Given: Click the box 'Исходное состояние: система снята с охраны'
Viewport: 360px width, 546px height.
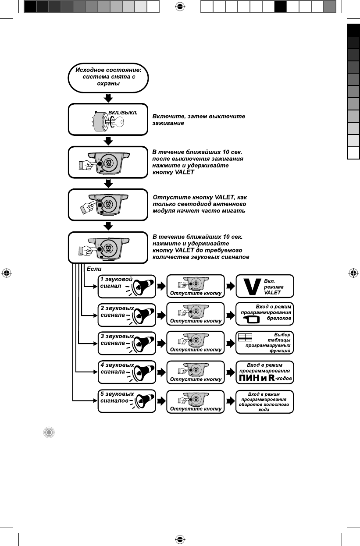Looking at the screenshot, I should coord(108,78).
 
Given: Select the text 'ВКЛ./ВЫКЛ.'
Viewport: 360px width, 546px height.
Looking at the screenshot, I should coord(123,112).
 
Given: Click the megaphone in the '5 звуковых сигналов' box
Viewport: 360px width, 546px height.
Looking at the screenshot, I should coord(143,401).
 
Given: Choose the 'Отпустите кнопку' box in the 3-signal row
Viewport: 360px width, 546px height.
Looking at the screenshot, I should coord(196,343).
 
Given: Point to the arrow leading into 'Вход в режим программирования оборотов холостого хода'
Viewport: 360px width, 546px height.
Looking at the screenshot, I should coord(230,401).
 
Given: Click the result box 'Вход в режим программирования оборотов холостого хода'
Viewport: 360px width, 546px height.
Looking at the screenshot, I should coord(264,401).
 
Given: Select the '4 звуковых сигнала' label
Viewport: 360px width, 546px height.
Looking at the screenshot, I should coord(117,368).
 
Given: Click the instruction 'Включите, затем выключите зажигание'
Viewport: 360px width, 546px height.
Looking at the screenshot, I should coord(198,120).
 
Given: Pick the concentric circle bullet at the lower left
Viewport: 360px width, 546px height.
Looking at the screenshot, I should coord(49,433).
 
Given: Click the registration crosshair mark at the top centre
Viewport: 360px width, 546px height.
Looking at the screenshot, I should coord(179,7).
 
